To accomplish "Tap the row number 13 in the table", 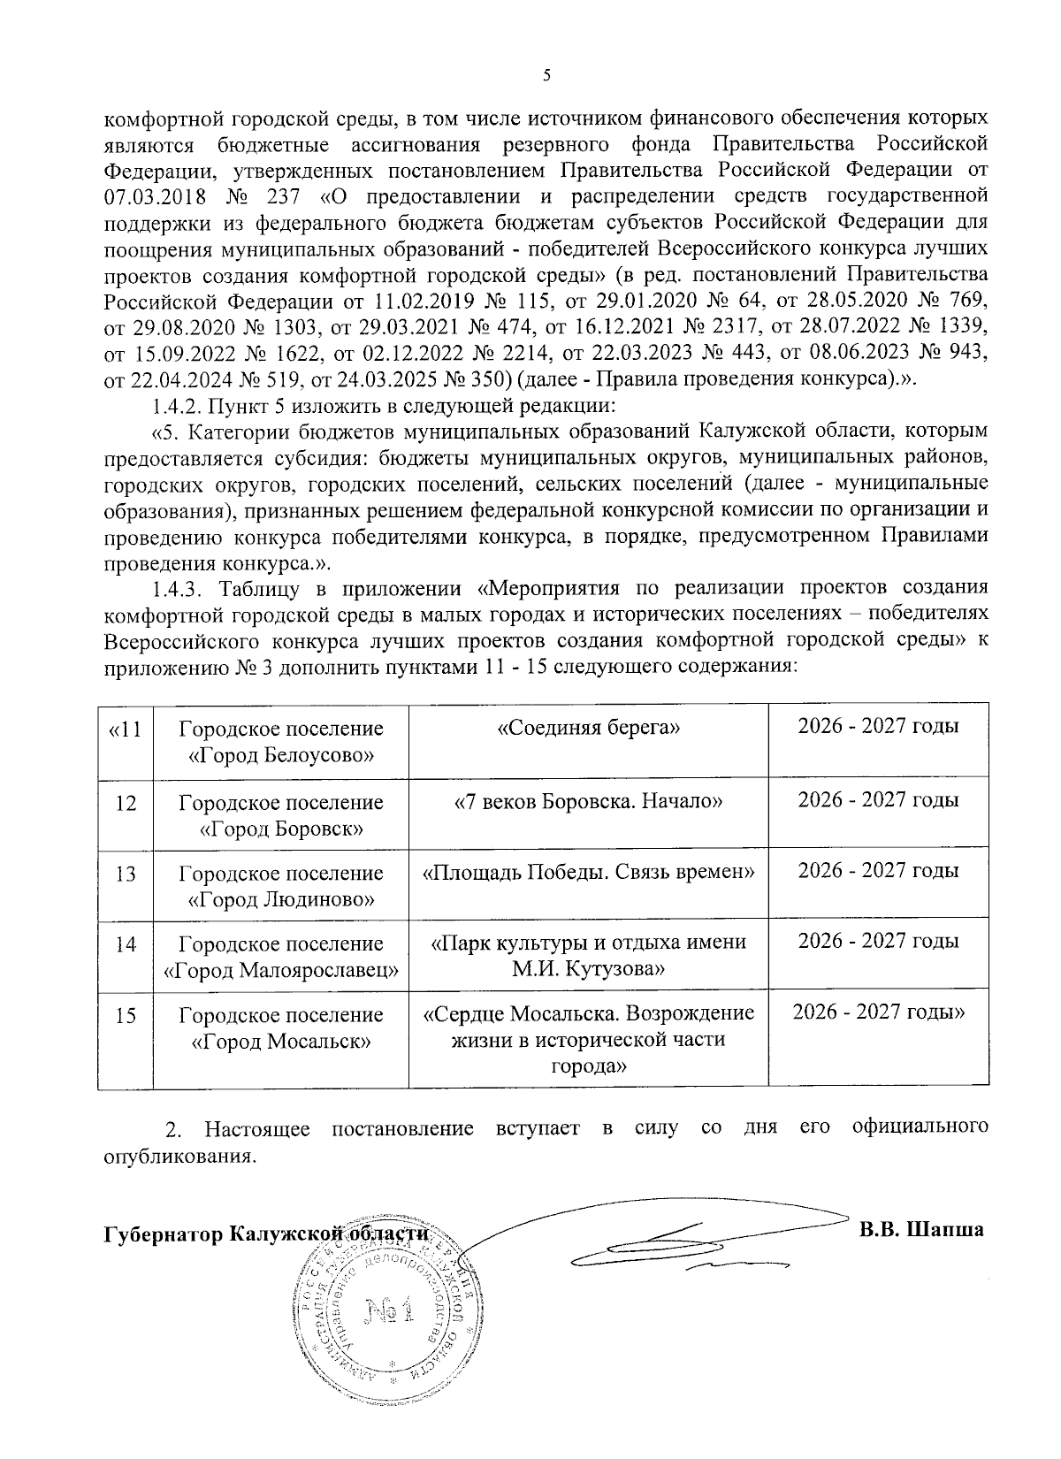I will tap(126, 874).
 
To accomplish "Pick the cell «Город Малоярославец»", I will tap(281, 957).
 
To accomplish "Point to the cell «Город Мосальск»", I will tap(281, 1027).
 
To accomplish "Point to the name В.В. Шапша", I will tap(921, 1230).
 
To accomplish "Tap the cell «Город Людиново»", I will tap(281, 886).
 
